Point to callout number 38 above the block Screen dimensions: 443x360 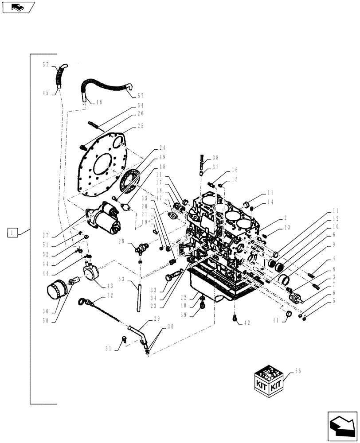click(x=215, y=157)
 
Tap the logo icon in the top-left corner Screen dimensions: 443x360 click(x=18, y=7)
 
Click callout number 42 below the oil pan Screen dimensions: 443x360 click(x=247, y=323)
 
